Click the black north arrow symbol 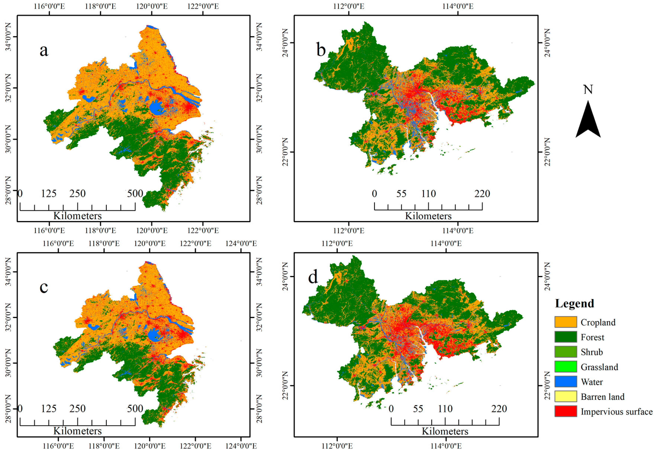[x=588, y=121]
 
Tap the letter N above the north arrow [x=588, y=90]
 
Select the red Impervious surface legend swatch [x=566, y=411]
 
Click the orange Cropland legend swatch [x=566, y=322]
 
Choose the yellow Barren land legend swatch [x=566, y=396]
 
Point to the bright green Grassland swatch [x=566, y=367]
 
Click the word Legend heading [x=574, y=304]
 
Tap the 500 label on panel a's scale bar [x=135, y=194]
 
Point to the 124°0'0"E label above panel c [x=241, y=243]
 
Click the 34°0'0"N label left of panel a [x=9, y=37]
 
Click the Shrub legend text [x=592, y=352]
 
